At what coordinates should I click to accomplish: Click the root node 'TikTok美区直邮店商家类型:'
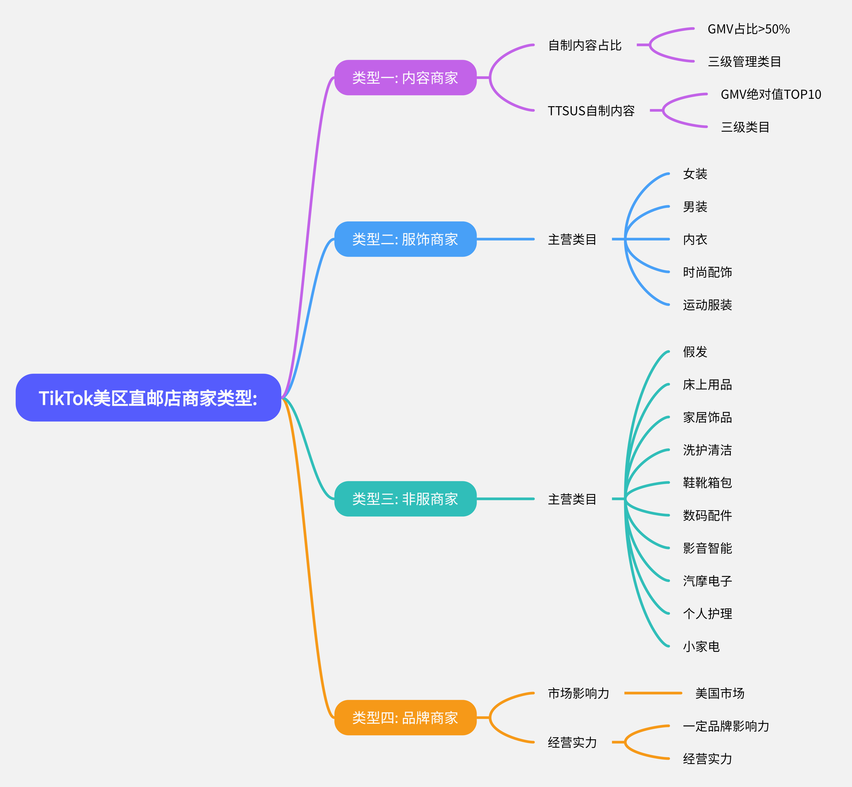coord(148,398)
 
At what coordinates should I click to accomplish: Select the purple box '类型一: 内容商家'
coord(405,78)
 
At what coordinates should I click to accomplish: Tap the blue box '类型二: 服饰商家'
coord(405,239)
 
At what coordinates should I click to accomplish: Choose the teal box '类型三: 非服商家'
coord(405,499)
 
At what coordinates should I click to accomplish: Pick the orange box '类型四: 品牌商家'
coord(405,718)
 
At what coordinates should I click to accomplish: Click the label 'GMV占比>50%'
coord(749,29)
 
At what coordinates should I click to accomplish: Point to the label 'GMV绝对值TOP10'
coord(771,94)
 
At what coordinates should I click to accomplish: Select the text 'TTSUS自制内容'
coord(591,111)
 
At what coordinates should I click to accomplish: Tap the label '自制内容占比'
coord(584,45)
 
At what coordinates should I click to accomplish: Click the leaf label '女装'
coord(695,174)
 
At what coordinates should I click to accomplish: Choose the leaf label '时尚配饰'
coord(707,272)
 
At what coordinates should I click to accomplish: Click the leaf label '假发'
coord(695,352)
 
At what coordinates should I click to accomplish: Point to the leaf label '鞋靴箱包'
coord(707,483)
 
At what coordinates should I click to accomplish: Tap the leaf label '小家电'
coord(701,646)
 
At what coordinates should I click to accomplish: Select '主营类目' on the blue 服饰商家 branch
coord(572,239)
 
